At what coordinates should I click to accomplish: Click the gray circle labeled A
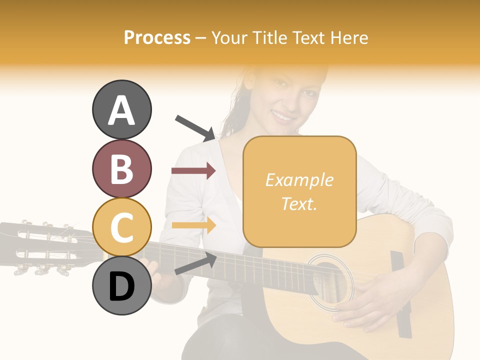[x=121, y=109]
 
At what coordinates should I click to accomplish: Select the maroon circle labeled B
[x=121, y=168]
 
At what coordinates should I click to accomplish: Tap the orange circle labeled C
[x=121, y=227]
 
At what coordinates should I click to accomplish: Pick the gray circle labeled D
[x=121, y=285]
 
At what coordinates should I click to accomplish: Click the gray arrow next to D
[x=195, y=264]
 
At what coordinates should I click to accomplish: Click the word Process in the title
[x=157, y=37]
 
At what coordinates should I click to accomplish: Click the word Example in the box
[x=299, y=180]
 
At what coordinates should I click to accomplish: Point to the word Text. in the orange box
[x=299, y=203]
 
